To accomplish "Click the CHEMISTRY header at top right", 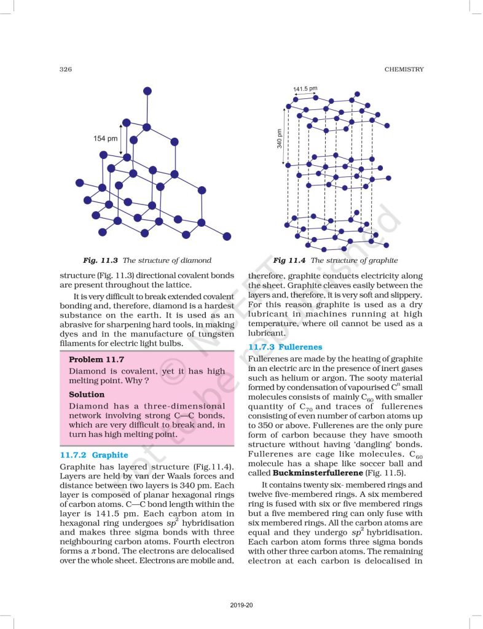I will [x=404, y=69].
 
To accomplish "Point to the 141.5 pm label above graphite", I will [x=305, y=90].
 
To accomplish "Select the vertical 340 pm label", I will [x=279, y=139].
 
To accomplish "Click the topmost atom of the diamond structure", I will [x=146, y=91].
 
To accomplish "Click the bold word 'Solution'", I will [x=87, y=394].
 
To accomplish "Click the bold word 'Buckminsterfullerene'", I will [x=308, y=474].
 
